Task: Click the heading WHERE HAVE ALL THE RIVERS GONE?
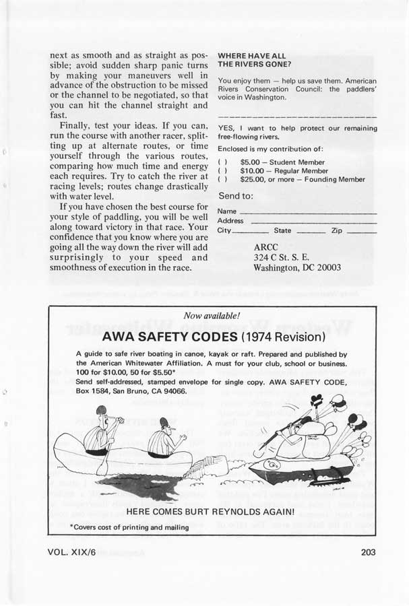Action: pyautogui.click(x=254, y=59)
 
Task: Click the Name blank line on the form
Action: pyautogui.click(x=307, y=211)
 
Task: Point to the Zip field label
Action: pyautogui.click(x=337, y=230)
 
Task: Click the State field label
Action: pyautogui.click(x=282, y=230)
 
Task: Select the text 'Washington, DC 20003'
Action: pyautogui.click(x=296, y=267)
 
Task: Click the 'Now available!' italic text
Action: pyautogui.click(x=212, y=315)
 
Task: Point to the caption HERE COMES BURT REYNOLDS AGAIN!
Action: pyautogui.click(x=211, y=512)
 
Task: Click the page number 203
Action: pyautogui.click(x=368, y=552)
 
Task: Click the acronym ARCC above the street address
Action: pyautogui.click(x=266, y=247)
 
